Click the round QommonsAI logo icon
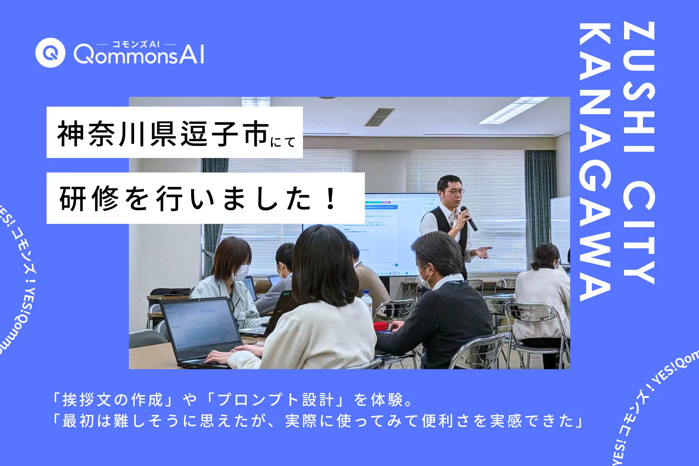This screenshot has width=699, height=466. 50,53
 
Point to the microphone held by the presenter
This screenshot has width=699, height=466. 469,218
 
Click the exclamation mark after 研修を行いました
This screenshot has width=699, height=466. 331,198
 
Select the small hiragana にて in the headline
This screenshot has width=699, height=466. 283,142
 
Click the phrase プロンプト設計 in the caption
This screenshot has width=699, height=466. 275,400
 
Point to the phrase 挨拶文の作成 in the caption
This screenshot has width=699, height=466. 112,400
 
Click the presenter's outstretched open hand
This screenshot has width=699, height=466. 483,252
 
